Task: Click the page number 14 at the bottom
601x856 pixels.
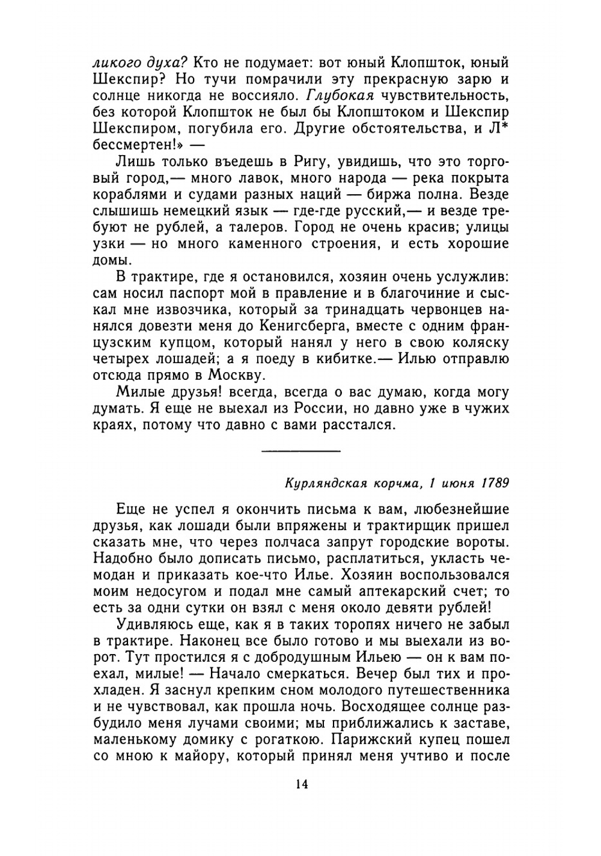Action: pos(301,785)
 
